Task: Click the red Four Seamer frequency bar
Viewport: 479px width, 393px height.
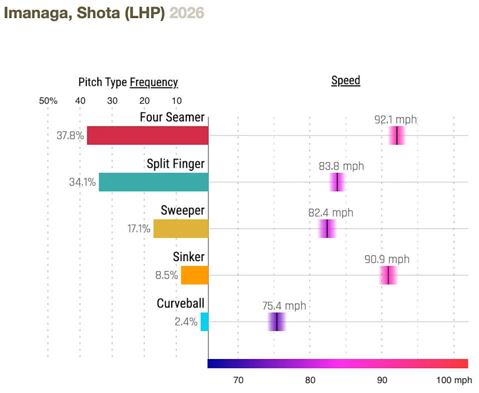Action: [148, 135]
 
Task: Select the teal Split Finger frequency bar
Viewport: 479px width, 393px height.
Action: [154, 182]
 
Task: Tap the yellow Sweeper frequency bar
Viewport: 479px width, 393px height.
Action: [181, 229]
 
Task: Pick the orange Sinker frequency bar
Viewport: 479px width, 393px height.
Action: [195, 275]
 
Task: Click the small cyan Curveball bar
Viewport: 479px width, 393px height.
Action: [205, 322]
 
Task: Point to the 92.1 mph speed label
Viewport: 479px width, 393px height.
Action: [395, 120]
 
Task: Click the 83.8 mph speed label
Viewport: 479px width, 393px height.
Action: [341, 166]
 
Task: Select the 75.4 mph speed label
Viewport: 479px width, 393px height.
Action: [284, 306]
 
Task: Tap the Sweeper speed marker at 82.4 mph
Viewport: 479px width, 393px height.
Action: [327, 229]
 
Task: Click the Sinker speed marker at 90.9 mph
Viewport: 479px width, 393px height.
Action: [388, 275]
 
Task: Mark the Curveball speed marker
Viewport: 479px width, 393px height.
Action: [276, 322]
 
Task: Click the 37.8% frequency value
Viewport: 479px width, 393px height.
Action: [70, 135]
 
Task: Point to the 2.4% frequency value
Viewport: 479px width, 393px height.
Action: [186, 322]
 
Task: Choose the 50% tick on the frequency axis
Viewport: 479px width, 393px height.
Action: [48, 100]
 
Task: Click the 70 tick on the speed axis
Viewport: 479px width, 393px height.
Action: [239, 380]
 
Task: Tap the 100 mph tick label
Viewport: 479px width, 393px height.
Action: [454, 380]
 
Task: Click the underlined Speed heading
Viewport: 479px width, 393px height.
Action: [346, 81]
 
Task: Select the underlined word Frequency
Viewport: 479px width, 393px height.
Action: [154, 82]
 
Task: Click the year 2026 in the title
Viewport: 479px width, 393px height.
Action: [187, 13]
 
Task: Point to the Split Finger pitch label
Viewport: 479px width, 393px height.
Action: [176, 164]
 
